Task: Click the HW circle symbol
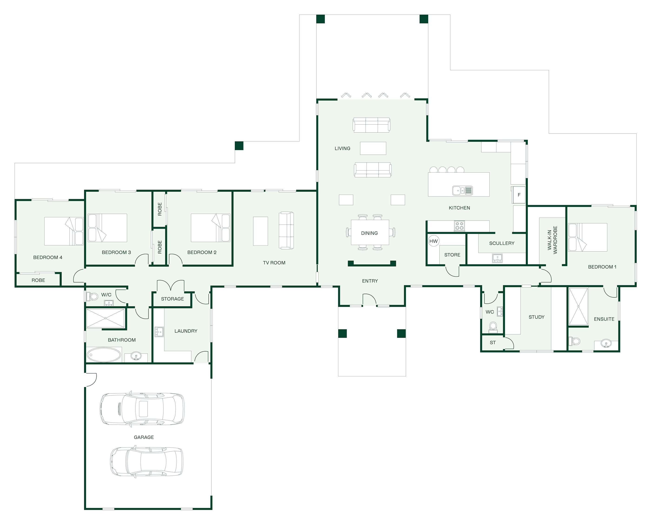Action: point(433,241)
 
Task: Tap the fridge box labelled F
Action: point(519,195)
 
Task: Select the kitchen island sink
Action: point(462,190)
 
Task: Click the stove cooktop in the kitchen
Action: point(459,226)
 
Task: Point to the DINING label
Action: point(369,233)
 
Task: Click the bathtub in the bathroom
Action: point(104,355)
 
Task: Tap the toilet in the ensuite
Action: point(574,341)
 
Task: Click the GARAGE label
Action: point(144,437)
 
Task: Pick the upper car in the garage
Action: point(142,409)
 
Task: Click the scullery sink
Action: point(497,258)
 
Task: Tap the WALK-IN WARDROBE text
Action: point(552,240)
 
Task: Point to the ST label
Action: point(493,342)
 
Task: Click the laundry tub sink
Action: point(159,331)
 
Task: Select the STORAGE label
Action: point(173,299)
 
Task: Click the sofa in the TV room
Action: point(286,230)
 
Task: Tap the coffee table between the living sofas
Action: point(373,148)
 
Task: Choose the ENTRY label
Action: point(370,281)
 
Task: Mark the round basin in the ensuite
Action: point(606,344)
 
